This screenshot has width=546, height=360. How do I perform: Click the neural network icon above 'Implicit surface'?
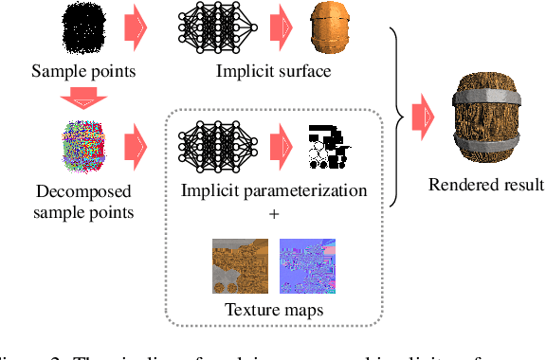pyautogui.click(x=219, y=28)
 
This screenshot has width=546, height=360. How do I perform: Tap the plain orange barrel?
pyautogui.click(x=331, y=27)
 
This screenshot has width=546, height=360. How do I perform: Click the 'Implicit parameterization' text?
pyautogui.click(x=274, y=190)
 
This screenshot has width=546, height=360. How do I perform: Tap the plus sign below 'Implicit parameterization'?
pyautogui.click(x=275, y=215)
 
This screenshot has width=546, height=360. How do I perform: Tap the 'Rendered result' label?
pyautogui.click(x=486, y=184)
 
